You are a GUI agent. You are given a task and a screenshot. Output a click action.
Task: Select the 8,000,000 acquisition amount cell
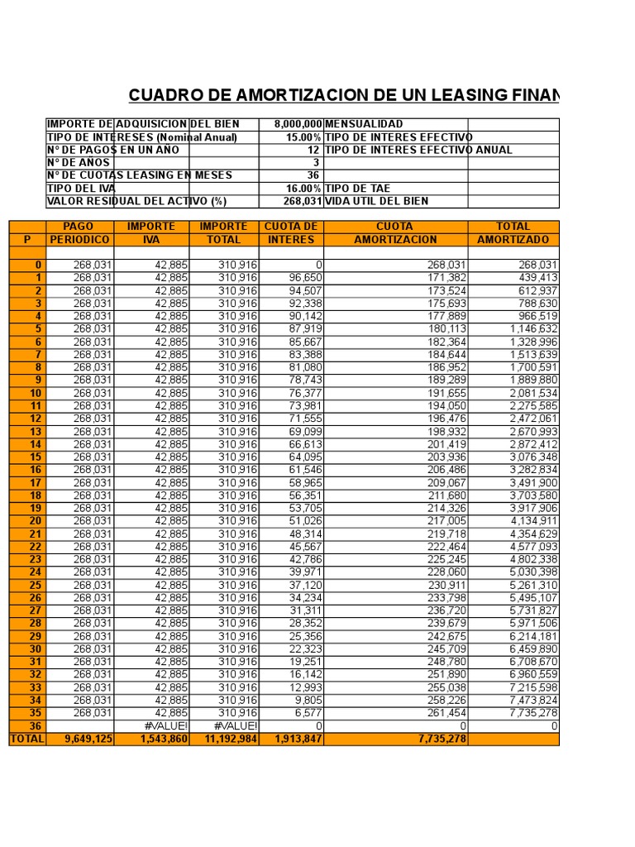click(293, 124)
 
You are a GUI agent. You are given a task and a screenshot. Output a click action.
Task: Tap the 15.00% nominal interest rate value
click(303, 137)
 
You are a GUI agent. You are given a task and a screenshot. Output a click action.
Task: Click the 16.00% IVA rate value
click(303, 189)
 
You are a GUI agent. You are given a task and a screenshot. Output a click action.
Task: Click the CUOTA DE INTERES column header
click(291, 233)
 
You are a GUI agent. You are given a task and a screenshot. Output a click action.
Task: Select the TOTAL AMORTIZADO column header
click(513, 233)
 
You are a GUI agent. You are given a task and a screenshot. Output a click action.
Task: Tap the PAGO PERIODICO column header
click(79, 233)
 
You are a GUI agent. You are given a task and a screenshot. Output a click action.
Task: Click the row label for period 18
click(36, 495)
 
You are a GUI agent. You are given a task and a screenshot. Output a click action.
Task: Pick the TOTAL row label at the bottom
click(27, 739)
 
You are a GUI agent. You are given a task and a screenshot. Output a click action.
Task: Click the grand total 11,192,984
click(225, 739)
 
